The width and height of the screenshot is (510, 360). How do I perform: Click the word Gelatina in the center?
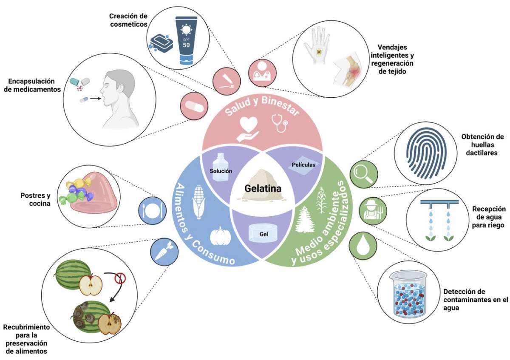[263, 187]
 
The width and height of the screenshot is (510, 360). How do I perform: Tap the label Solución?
[221, 170]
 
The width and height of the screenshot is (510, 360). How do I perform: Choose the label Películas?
[303, 164]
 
